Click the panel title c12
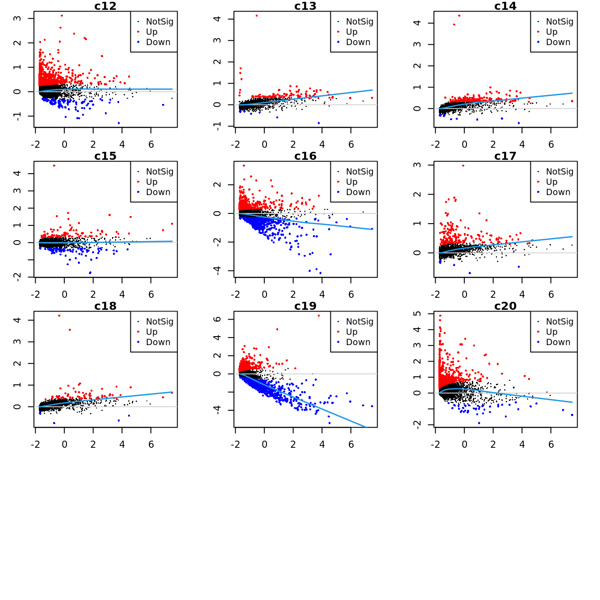coord(105,6)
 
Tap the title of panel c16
coord(305,156)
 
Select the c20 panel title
coord(505,306)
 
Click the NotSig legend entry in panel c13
coord(359,21)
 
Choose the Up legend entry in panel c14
coord(551,32)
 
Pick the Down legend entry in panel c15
coord(158,192)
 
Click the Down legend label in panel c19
coord(358,342)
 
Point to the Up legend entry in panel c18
coord(151,332)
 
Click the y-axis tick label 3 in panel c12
coord(17,18)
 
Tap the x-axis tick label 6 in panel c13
coord(351,145)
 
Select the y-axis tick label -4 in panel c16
coord(217,271)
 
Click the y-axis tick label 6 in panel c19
coord(217,319)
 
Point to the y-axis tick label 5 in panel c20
coord(417,314)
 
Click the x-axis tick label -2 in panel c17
coord(435,295)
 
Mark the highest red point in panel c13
coord(257,16)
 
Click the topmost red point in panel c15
coord(54,166)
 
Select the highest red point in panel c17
coord(463,166)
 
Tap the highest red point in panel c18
coord(59,316)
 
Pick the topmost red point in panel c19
coord(319,316)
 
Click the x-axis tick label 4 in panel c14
coord(522,145)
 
